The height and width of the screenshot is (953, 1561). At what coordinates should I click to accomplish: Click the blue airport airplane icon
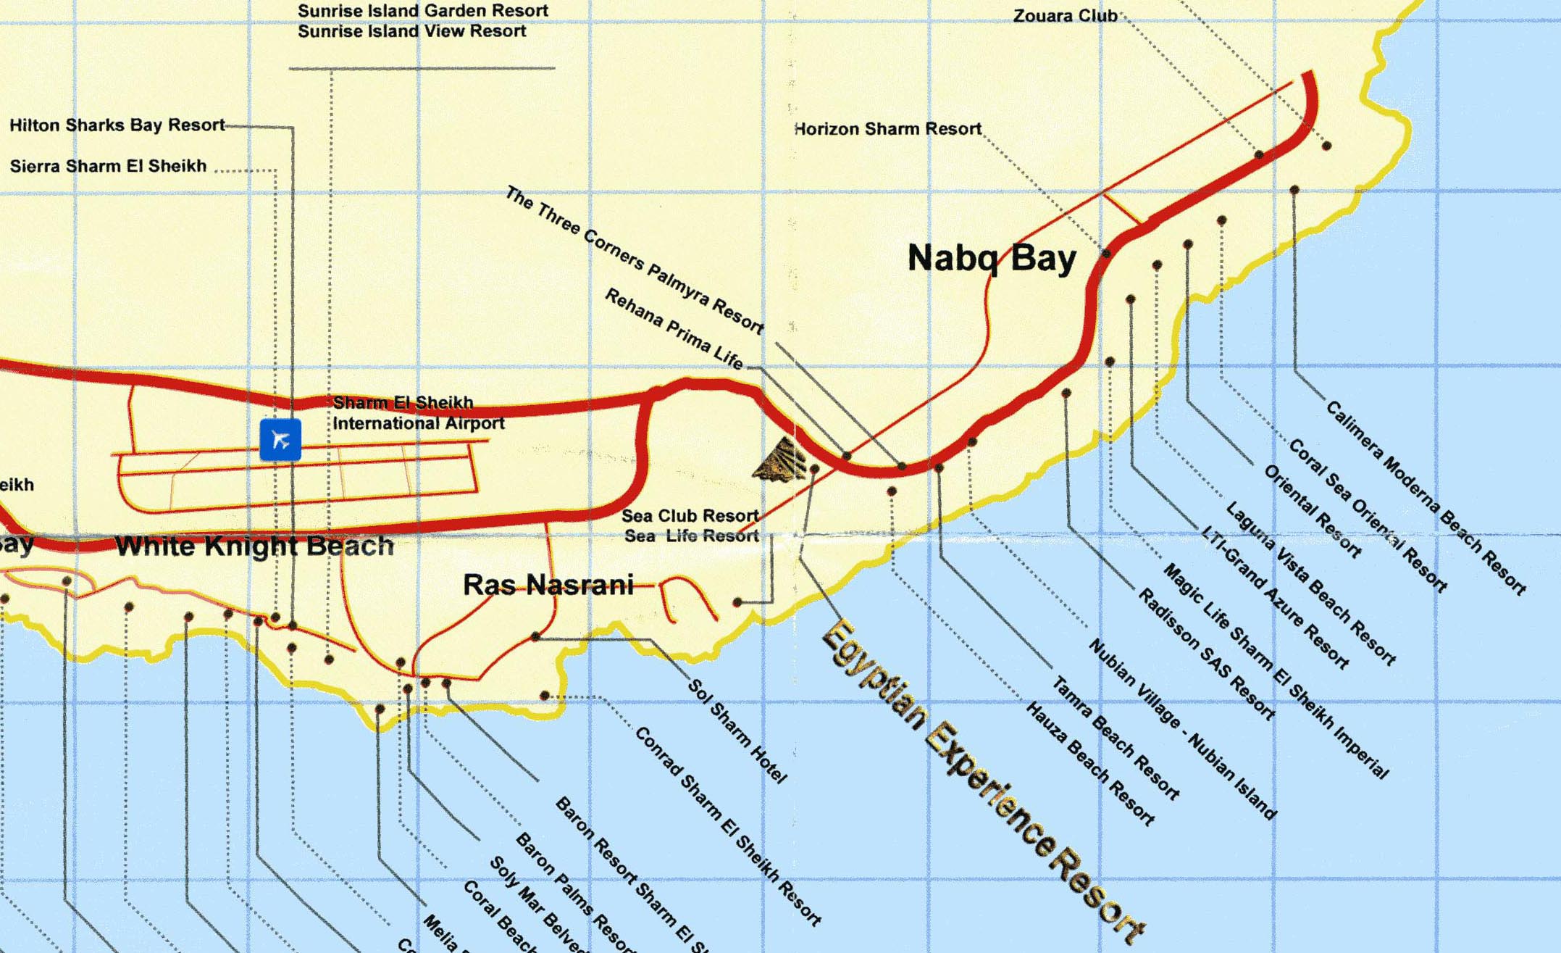[x=280, y=439]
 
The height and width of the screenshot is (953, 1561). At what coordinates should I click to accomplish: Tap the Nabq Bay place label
[x=992, y=259]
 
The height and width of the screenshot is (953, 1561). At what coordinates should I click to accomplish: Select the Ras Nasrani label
[x=548, y=585]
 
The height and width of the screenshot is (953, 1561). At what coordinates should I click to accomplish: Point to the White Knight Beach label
[x=254, y=546]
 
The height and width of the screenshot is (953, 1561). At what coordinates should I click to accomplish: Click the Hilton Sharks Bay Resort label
[x=117, y=125]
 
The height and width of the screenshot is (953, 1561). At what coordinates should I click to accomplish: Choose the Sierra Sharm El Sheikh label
[x=109, y=166]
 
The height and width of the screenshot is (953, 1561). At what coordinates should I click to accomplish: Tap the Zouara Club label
[x=1065, y=16]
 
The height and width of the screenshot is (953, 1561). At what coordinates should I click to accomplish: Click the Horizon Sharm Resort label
[x=888, y=129]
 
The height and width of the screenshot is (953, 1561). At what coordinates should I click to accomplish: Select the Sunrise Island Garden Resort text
[x=423, y=11]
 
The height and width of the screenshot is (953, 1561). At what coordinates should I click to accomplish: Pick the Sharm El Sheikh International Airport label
[x=418, y=413]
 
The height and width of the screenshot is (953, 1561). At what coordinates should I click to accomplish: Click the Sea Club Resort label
[x=690, y=516]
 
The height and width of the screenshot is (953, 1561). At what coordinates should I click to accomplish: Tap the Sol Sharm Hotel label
[x=736, y=731]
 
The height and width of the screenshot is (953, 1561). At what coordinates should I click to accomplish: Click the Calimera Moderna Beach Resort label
[x=1426, y=497]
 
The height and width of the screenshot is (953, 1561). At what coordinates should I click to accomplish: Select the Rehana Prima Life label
[x=674, y=328]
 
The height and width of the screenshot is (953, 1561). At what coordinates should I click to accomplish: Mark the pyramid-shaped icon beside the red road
[x=781, y=459]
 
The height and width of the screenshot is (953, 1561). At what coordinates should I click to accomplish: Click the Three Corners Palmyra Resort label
[x=635, y=260]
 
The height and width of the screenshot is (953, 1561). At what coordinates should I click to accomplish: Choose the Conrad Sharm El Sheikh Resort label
[x=728, y=826]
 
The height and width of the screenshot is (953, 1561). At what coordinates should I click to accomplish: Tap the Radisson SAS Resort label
[x=1206, y=654]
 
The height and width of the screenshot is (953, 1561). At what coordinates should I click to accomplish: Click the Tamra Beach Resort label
[x=1115, y=738]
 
